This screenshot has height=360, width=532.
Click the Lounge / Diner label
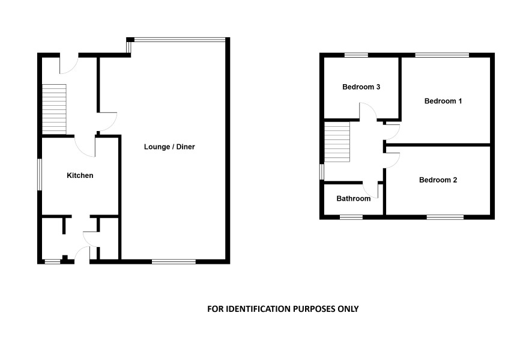pos(169,147)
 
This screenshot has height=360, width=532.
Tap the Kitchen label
pos(80,175)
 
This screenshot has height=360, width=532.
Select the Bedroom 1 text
pos(443,101)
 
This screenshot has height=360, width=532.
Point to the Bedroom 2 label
pos(438,180)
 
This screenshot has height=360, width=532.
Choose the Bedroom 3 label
pos(361,87)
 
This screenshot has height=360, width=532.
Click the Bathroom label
pos(353,198)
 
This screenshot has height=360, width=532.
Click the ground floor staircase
pos(54,109)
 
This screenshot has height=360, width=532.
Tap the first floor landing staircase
pos(337,142)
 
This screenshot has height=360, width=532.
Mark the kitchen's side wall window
pos(40,174)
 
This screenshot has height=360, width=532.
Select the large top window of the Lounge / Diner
pos(180,40)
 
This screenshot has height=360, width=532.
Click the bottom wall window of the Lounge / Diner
pos(174,261)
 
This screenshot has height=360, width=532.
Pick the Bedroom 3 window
pos(356,55)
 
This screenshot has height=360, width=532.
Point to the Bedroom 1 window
pos(442,55)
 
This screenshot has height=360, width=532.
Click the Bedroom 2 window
pos(445,217)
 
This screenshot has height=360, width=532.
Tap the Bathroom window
pos(351,217)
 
